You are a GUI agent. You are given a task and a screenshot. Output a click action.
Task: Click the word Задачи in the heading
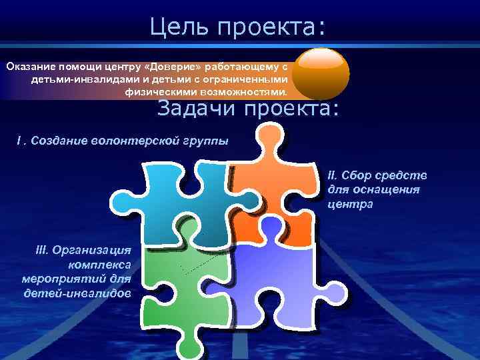(197, 107)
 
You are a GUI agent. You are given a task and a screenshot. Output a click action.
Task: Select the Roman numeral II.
(333, 176)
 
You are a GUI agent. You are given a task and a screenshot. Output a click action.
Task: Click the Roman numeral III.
(42, 250)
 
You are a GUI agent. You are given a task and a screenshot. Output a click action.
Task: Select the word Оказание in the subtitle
(31, 67)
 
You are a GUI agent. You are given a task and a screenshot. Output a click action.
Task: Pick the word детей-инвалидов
(77, 293)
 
